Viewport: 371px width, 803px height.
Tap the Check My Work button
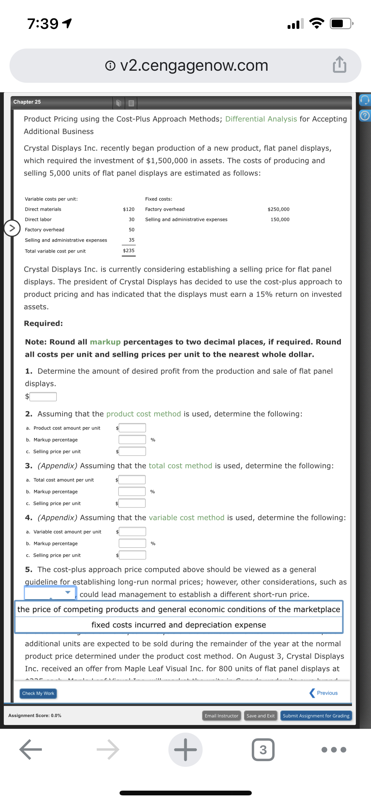[38, 693]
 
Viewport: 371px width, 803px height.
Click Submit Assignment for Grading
[316, 716]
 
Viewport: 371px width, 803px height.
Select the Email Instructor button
[221, 716]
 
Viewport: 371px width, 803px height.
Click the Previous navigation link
[324, 693]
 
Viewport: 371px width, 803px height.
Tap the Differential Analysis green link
[261, 119]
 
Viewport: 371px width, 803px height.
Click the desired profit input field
[43, 396]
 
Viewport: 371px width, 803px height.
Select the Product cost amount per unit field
[132, 428]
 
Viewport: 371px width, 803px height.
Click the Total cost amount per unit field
[132, 480]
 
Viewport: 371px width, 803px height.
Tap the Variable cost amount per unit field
[132, 532]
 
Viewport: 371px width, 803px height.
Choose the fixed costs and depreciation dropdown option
[179, 625]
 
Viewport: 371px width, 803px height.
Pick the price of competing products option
[179, 609]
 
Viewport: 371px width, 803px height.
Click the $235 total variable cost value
[129, 251]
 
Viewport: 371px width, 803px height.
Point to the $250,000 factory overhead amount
[278, 209]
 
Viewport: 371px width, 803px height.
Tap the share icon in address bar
[339, 65]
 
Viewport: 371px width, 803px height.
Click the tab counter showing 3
[263, 750]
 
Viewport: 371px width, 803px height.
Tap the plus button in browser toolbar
[185, 750]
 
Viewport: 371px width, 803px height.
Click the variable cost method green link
[186, 518]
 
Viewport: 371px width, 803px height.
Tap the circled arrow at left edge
[12, 228]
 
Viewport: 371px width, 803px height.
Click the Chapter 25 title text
[27, 102]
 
